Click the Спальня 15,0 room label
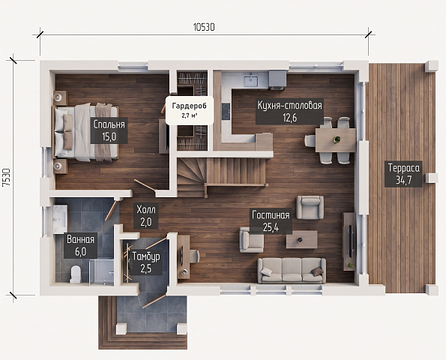(x=109, y=130)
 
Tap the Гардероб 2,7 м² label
(x=190, y=110)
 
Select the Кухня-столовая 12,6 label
(x=289, y=111)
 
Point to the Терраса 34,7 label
(x=403, y=173)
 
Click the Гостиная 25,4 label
(x=271, y=220)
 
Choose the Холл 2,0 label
(x=146, y=216)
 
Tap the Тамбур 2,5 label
(x=146, y=262)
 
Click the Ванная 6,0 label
(x=80, y=245)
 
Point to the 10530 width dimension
(x=204, y=27)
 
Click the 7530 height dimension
(x=7, y=177)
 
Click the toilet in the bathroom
(x=76, y=274)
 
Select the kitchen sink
(x=251, y=80)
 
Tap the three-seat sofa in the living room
(x=292, y=271)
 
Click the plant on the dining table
(x=337, y=139)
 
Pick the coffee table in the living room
(x=301, y=239)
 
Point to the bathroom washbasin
(x=60, y=219)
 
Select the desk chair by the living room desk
(x=193, y=256)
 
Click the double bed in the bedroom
(x=85, y=133)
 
